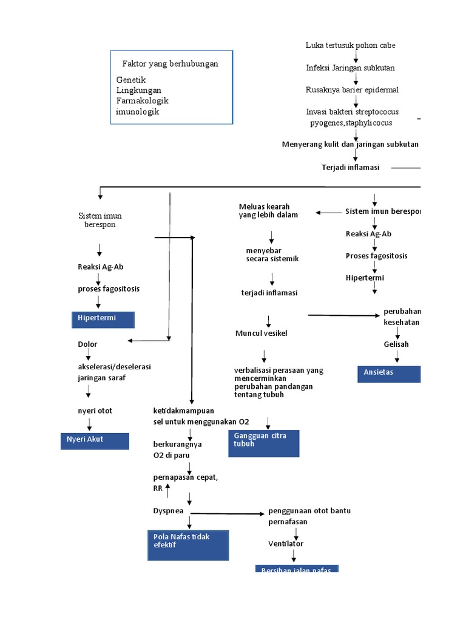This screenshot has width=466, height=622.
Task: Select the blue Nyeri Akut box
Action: pos(95,440)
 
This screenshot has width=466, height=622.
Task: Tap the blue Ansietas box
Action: pos(388,374)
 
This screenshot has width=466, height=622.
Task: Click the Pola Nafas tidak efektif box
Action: pos(189,544)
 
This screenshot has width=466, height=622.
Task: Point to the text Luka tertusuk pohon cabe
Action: pos(351,46)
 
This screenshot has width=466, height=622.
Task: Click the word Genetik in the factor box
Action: pos(131,80)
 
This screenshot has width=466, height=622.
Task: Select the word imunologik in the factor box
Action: pos(138,112)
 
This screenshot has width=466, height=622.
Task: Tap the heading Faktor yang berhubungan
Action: pos(170,63)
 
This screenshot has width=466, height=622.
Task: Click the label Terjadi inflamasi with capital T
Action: pos(350,168)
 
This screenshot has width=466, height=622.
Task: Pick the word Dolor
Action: pos(87,344)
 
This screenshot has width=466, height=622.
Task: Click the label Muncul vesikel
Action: pos(262,333)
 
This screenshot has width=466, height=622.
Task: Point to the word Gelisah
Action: pos(396,344)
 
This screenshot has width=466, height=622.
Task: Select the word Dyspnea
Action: pos(168,511)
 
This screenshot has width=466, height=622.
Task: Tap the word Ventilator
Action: pos(286,544)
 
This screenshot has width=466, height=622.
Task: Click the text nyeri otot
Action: pos(95,411)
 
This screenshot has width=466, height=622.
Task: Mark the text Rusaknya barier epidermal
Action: pos(352,90)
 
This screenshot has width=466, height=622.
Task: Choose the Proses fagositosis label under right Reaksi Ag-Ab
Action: pos(376,256)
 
